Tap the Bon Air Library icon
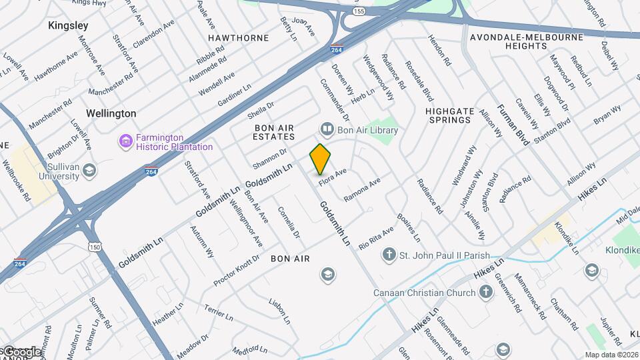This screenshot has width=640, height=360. pyautogui.click(x=327, y=128)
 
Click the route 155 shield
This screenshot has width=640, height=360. pyautogui.click(x=359, y=11)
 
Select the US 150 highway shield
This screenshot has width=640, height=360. pyautogui.click(x=93, y=247)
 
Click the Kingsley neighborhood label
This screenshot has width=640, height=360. pyautogui.click(x=68, y=25)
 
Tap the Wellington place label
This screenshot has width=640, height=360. pyautogui.click(x=111, y=113)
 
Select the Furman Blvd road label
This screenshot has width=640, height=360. pyautogui.click(x=512, y=125)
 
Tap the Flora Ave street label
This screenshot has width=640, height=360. pyautogui.click(x=333, y=177)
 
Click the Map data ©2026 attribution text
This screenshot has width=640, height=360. pyautogui.click(x=611, y=355)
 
